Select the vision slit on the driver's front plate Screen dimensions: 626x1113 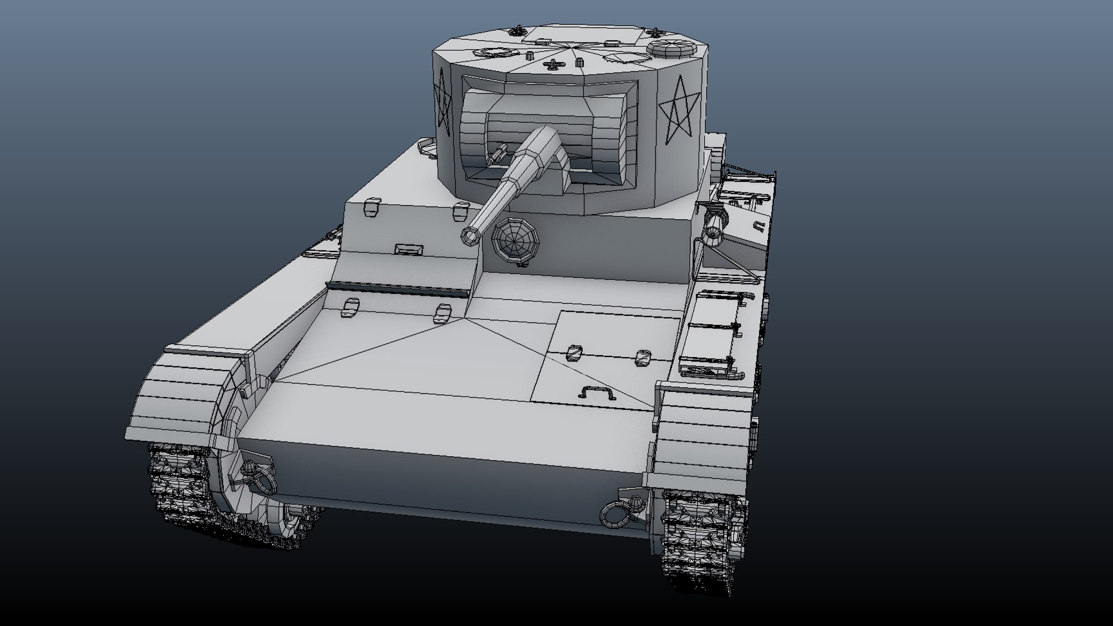(409, 249)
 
